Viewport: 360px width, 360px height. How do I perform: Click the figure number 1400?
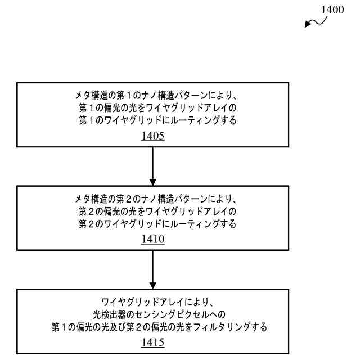coord(331,10)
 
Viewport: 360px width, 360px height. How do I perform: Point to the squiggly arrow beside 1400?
coord(314,22)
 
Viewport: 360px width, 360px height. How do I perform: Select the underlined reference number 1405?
coord(152,136)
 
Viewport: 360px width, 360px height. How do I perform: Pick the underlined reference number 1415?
coord(152,343)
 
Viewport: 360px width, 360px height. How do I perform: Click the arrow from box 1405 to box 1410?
coord(152,166)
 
